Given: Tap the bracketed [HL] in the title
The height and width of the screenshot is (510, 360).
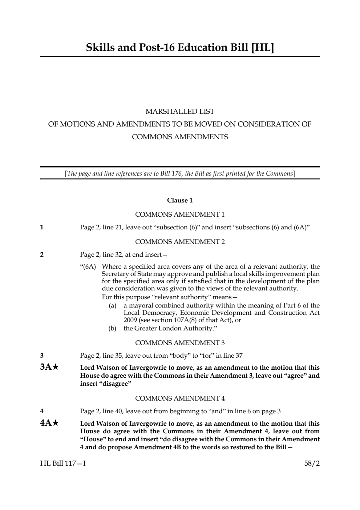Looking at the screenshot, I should point(262,48).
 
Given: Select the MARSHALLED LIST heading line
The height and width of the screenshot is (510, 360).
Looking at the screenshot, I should point(180,111).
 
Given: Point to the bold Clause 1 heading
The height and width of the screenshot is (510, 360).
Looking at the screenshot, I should point(180,200).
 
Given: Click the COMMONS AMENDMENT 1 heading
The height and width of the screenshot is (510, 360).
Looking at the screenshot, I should point(180,214).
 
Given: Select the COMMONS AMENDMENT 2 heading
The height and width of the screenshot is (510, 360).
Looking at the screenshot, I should point(180,242).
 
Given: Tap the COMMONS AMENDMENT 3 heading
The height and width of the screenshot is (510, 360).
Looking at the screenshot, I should point(180,343).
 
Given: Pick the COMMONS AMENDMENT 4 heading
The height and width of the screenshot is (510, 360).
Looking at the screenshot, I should point(180,398).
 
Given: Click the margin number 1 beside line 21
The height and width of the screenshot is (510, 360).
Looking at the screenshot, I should point(42,228).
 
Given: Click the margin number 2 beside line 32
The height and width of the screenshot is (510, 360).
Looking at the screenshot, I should point(42,254).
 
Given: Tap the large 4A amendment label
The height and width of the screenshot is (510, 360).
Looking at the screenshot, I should point(46,423).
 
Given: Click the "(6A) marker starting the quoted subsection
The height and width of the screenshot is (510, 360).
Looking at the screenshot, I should point(88,267).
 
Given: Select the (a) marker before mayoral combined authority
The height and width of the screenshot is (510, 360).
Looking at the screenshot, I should point(113,306).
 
